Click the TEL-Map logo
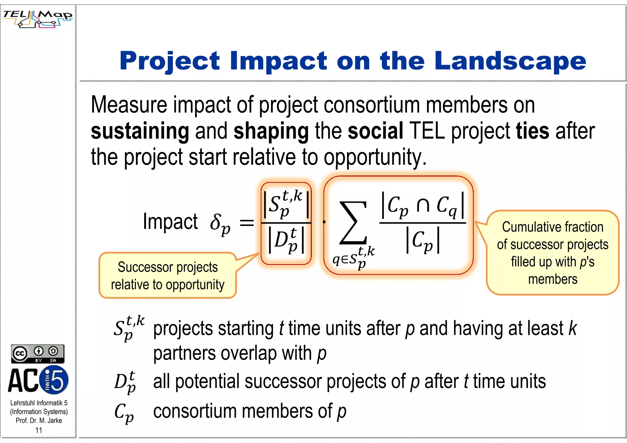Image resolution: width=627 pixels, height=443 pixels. [38, 19]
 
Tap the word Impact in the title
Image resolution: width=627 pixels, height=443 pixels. [278, 61]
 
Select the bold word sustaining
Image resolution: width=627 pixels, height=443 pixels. [140, 131]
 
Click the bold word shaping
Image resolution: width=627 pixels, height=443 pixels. [271, 131]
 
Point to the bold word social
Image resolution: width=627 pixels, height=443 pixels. [375, 130]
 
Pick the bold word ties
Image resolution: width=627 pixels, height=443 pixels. [532, 130]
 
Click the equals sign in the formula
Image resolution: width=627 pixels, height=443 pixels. [247, 223]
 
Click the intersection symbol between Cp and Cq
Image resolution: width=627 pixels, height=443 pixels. [423, 205]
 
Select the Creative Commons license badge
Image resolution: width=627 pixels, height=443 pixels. [38, 354]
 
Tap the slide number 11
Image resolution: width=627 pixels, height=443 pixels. [39, 430]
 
